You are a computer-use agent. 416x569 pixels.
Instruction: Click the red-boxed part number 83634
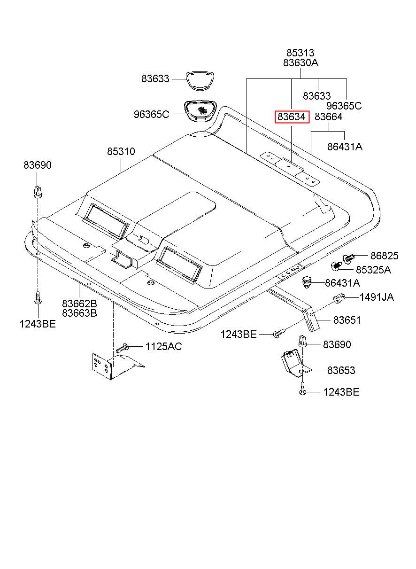[292, 117]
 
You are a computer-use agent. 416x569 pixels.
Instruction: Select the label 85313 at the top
[300, 53]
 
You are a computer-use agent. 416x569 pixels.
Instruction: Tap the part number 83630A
[300, 62]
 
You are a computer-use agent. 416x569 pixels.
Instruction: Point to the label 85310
[121, 152]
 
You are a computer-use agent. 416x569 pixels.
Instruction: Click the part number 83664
[329, 117]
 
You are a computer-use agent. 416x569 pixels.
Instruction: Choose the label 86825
[384, 256]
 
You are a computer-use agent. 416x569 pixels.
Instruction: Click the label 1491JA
[377, 297]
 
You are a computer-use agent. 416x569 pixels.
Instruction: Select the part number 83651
[347, 320]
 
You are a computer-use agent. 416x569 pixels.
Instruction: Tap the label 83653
[341, 370]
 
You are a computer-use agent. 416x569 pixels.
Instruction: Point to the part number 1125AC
[163, 347]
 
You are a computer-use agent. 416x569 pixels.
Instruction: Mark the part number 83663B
[79, 313]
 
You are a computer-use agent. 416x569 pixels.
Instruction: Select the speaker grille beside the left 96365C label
[200, 111]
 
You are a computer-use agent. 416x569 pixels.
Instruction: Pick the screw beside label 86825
[349, 257]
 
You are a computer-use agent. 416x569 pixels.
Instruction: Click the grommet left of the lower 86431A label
[307, 282]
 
